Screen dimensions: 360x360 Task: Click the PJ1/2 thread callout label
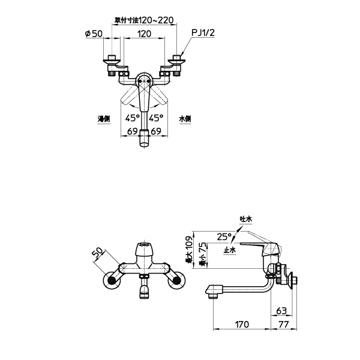pos(203,33)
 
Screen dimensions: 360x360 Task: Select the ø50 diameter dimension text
pos(94,34)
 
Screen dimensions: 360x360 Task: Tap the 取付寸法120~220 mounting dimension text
pos(144,20)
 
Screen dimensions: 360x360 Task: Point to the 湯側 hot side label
pos(104,119)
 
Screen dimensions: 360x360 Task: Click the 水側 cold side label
pos(185,119)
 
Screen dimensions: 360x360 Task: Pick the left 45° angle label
pos(133,118)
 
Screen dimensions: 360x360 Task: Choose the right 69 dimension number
pos(156,131)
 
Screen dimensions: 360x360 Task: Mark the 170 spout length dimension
pos(242,325)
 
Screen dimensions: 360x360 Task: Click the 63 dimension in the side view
pos(281,311)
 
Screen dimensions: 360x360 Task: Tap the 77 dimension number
pos(284,325)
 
